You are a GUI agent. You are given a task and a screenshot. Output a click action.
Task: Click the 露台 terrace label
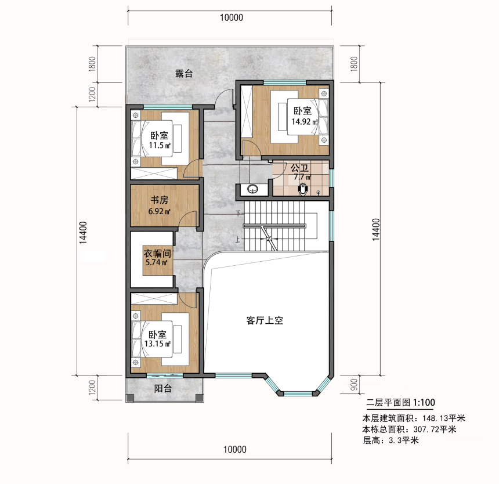click(x=184, y=74)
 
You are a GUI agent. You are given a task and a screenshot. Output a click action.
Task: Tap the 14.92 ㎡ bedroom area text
click(x=305, y=121)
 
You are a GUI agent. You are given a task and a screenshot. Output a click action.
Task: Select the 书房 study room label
click(x=160, y=200)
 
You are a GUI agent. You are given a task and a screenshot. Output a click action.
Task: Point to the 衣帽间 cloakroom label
click(x=157, y=254)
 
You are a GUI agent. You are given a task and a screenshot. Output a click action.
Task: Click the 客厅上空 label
click(x=265, y=320)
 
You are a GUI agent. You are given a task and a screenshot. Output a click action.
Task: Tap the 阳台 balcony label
click(x=163, y=389)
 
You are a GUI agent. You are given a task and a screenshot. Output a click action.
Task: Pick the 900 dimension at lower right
click(x=354, y=385)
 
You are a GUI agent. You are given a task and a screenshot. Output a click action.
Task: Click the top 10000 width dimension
click(x=232, y=17)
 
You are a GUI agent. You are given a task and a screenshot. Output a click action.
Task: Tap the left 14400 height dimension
click(x=83, y=233)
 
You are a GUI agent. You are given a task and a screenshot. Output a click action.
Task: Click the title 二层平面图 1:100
click(x=400, y=403)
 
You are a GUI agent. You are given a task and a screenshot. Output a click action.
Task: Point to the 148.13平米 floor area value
click(x=444, y=418)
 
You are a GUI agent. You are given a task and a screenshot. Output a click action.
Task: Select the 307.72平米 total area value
click(x=435, y=429)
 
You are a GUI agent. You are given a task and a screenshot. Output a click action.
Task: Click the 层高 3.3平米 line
click(x=391, y=440)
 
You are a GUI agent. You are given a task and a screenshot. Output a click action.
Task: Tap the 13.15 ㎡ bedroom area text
click(x=157, y=344)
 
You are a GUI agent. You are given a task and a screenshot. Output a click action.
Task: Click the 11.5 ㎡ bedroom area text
click(x=160, y=146)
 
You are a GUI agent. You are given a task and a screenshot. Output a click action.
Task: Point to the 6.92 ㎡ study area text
click(x=159, y=211)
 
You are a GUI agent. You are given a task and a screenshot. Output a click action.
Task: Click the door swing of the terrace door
click(x=224, y=96)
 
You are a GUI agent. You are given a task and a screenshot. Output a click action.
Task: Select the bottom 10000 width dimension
click(x=234, y=449)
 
